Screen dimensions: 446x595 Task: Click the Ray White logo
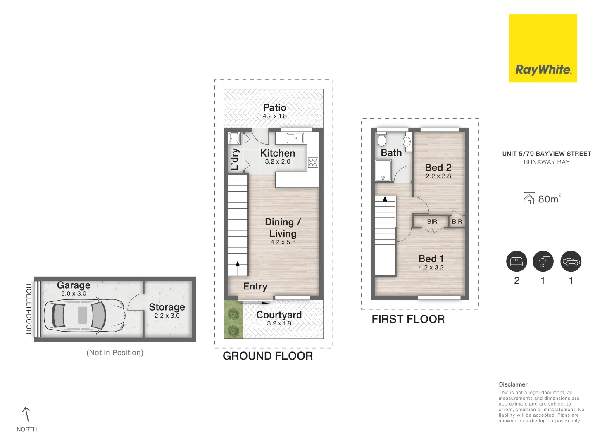[x=543, y=48]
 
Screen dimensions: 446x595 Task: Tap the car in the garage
[x=84, y=315]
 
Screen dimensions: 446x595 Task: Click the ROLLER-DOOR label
[x=29, y=309]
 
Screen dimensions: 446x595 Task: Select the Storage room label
[x=167, y=307]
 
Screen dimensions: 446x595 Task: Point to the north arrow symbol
[x=26, y=414]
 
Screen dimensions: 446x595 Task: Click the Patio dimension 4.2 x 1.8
[x=274, y=116]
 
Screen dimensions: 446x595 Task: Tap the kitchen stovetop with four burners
[x=313, y=162]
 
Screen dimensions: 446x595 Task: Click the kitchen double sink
[x=295, y=138]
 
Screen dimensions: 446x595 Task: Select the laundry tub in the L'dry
[x=234, y=138]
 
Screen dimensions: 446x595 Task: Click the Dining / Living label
[x=283, y=228]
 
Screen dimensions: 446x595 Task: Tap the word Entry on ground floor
[x=255, y=286]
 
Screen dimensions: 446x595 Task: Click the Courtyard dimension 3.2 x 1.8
[x=279, y=323]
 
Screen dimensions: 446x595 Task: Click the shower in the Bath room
[x=383, y=171]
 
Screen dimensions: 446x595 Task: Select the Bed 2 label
[x=438, y=167]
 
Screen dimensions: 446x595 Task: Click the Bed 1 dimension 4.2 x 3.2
[x=431, y=267]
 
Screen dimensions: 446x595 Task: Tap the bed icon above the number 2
[x=516, y=261]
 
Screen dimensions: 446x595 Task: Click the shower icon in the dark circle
[x=543, y=261]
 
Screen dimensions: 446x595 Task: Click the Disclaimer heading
[x=513, y=384]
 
